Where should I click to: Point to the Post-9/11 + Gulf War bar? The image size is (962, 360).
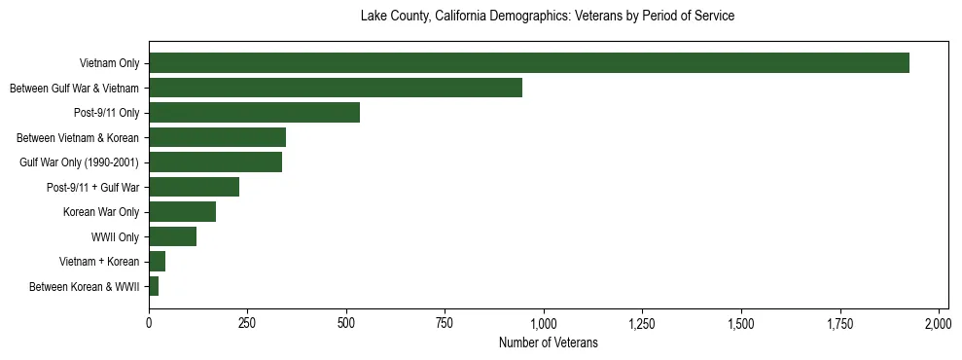click(194, 187)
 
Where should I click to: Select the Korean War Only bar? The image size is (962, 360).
click(182, 211)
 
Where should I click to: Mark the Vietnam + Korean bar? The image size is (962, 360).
click(157, 261)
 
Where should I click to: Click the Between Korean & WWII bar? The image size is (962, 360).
click(154, 286)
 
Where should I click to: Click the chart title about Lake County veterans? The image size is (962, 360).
click(548, 17)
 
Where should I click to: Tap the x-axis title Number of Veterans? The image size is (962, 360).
click(548, 343)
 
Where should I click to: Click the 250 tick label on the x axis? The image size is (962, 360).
click(247, 322)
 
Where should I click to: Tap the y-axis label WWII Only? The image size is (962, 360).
click(115, 236)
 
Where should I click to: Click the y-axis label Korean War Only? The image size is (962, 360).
click(101, 212)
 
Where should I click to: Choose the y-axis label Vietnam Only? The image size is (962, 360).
click(109, 63)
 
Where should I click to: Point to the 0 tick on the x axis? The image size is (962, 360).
click(149, 322)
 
